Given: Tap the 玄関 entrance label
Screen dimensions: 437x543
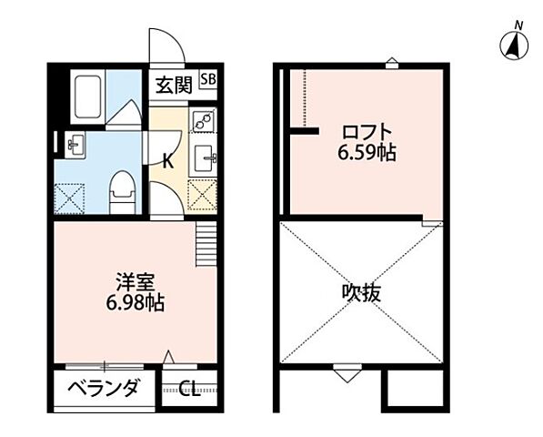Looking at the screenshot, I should [x=172, y=86].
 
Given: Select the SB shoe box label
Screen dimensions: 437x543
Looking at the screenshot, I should [x=208, y=79].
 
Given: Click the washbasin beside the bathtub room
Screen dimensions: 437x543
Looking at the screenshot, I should [x=73, y=144].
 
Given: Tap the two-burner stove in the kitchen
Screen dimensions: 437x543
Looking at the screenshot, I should [x=204, y=120].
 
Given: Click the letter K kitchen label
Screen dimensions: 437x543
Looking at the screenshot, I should [x=167, y=161].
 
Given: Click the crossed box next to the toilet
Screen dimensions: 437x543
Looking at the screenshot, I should [x=70, y=197].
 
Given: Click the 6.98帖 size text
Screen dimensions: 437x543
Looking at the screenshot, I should [x=136, y=303].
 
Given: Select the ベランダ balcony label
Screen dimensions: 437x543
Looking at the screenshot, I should [x=105, y=390].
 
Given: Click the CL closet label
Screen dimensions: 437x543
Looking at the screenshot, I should [x=189, y=391].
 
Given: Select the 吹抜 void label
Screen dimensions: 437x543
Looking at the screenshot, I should [x=361, y=293].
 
